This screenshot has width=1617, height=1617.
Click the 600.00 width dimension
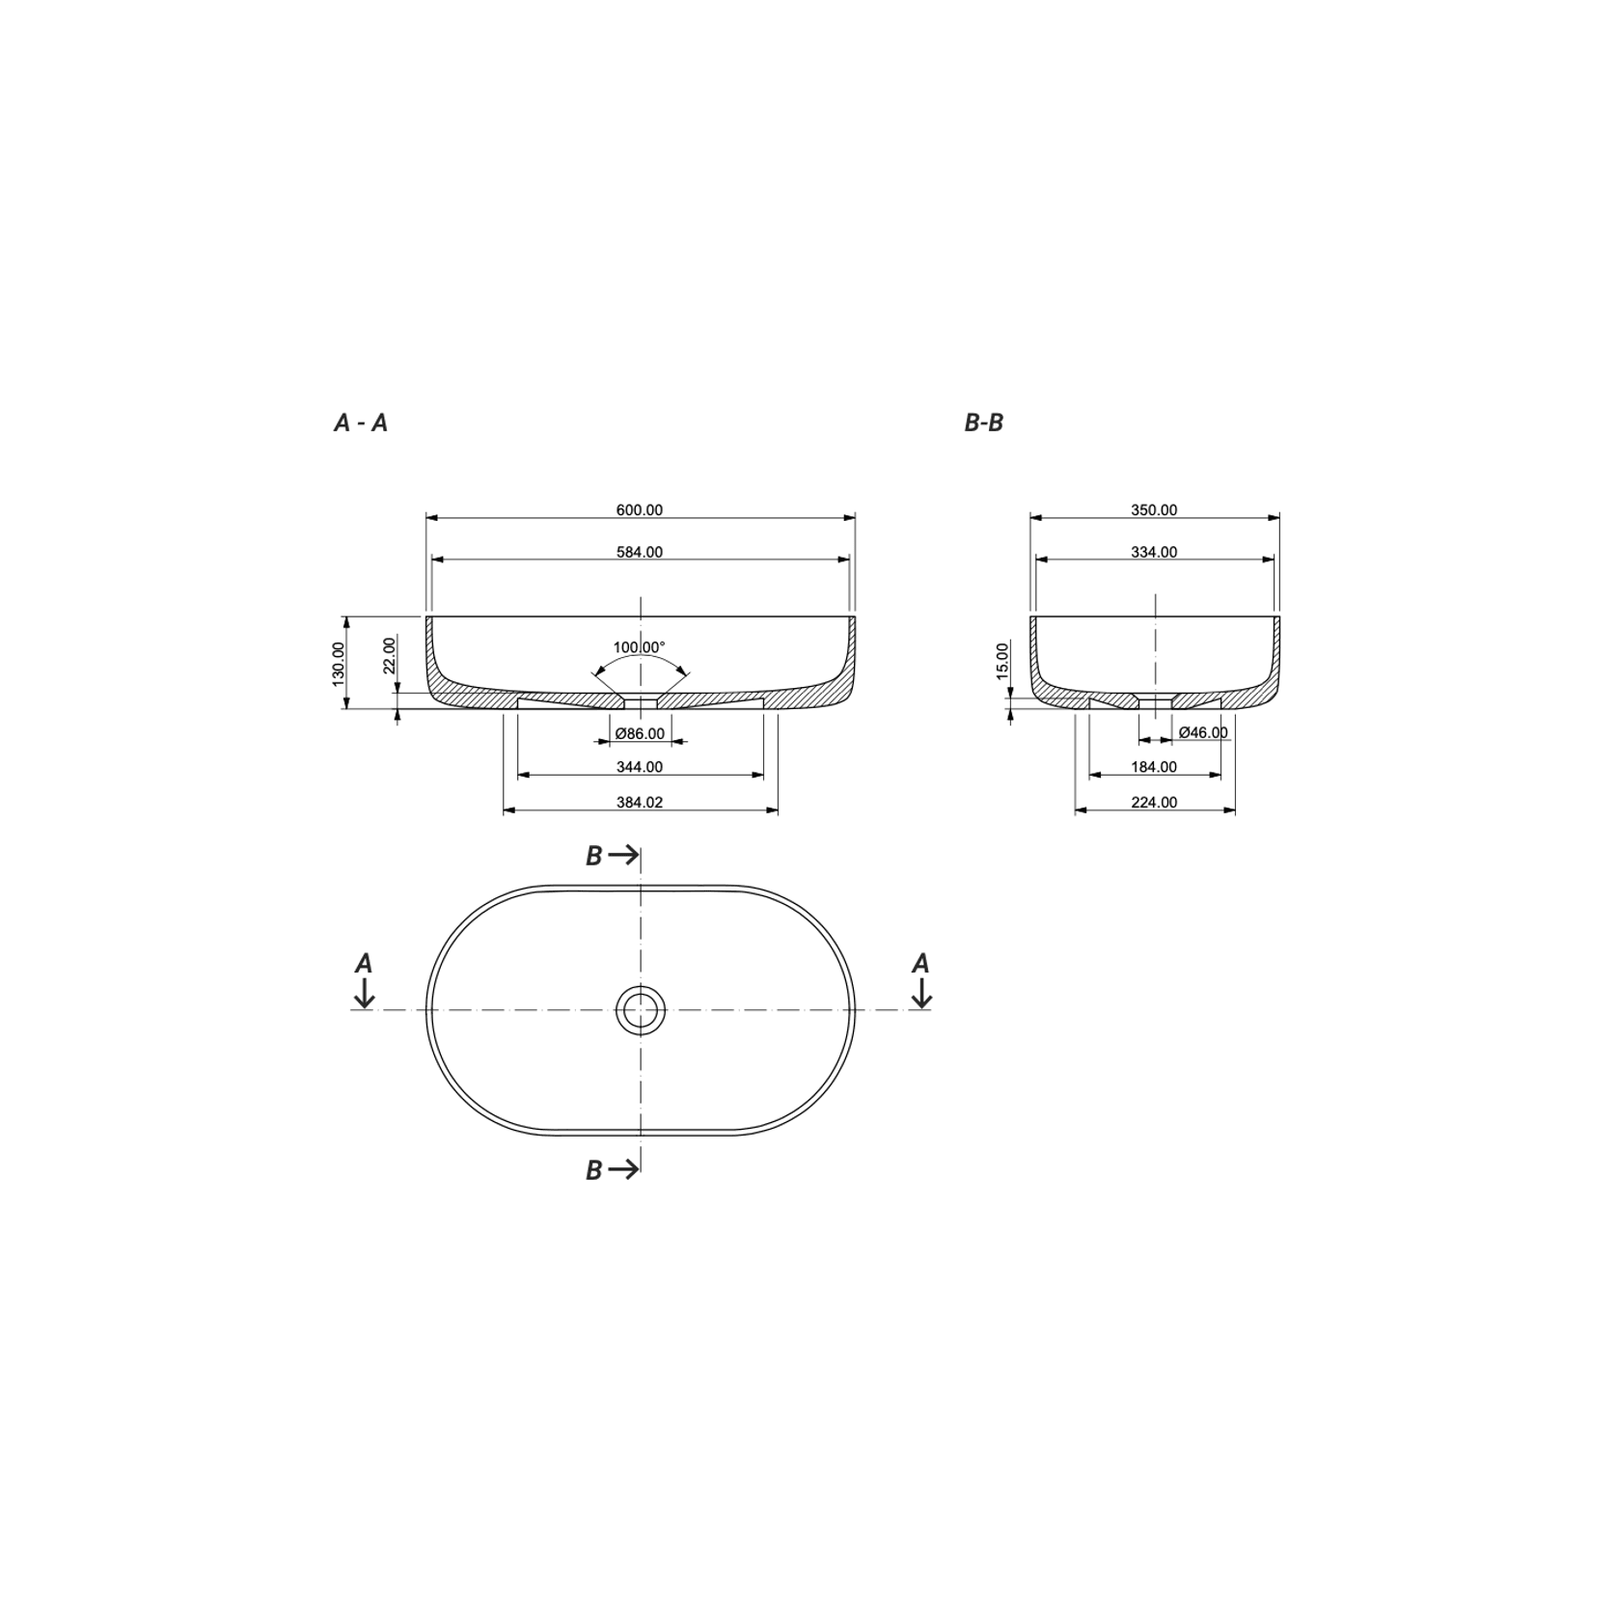pos(640,510)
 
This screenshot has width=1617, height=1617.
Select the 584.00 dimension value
pos(640,553)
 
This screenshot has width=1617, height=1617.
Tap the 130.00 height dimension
pos(339,664)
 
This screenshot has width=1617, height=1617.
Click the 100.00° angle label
pos(640,647)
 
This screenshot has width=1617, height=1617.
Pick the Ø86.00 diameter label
pos(641,734)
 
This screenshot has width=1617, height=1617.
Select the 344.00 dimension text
pos(640,767)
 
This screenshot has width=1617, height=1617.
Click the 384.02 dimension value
pos(640,802)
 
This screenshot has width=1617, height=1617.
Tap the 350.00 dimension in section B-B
pos(1154,510)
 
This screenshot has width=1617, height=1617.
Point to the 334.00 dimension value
pos(1154,553)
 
